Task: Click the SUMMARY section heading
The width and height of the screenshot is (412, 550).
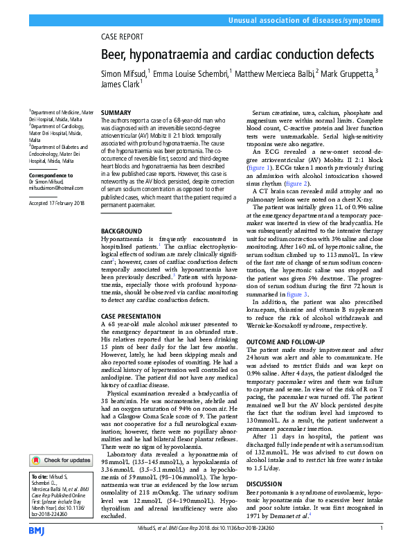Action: click(x=116, y=112)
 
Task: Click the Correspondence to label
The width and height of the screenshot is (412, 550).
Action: click(x=51, y=175)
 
